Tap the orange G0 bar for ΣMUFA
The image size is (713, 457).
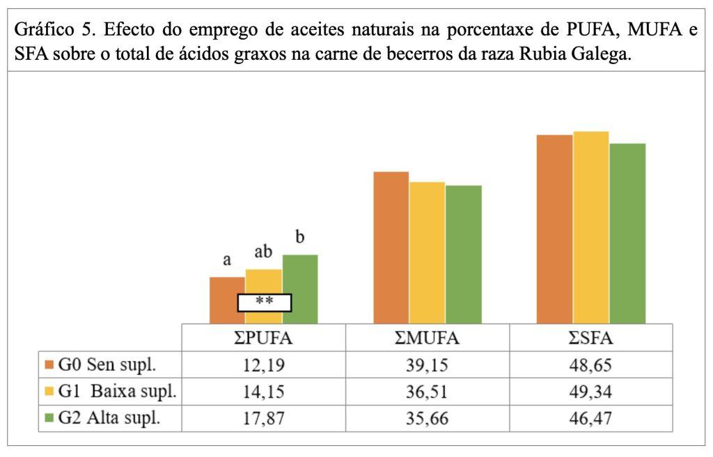pyautogui.click(x=391, y=247)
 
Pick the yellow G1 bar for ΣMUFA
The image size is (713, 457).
pyautogui.click(x=427, y=252)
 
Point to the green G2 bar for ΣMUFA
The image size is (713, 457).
pyautogui.click(x=463, y=254)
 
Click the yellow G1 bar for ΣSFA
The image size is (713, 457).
pyautogui.click(x=591, y=227)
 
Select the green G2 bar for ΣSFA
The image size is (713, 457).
pyautogui.click(x=627, y=233)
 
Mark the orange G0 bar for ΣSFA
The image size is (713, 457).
pyautogui.click(x=554, y=229)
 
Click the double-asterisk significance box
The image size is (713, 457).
pyautogui.click(x=265, y=303)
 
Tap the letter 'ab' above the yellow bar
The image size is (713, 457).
pyautogui.click(x=264, y=252)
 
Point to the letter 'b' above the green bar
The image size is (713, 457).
pyautogui.click(x=300, y=237)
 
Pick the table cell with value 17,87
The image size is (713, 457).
pyautogui.click(x=264, y=419)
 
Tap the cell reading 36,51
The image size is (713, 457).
pyautogui.click(x=428, y=392)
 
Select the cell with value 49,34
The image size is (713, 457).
pyautogui.click(x=591, y=392)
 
